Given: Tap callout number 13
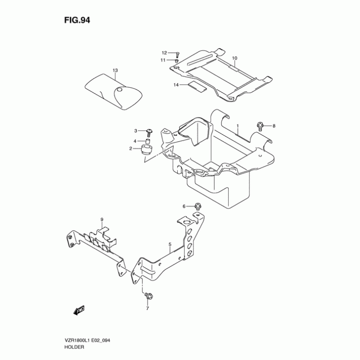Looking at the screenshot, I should tap(115, 70).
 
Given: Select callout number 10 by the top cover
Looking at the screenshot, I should tap(234, 58).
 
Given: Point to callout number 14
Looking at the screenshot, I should tap(176, 85).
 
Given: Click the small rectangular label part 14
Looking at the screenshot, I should tap(197, 87).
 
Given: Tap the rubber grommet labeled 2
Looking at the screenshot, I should tap(147, 150).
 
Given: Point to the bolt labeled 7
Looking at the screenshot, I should tap(148, 297).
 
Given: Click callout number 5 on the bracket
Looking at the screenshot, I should tap(170, 246).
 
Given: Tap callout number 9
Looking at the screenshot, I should tap(102, 219).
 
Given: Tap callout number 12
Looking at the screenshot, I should tap(165, 53).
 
